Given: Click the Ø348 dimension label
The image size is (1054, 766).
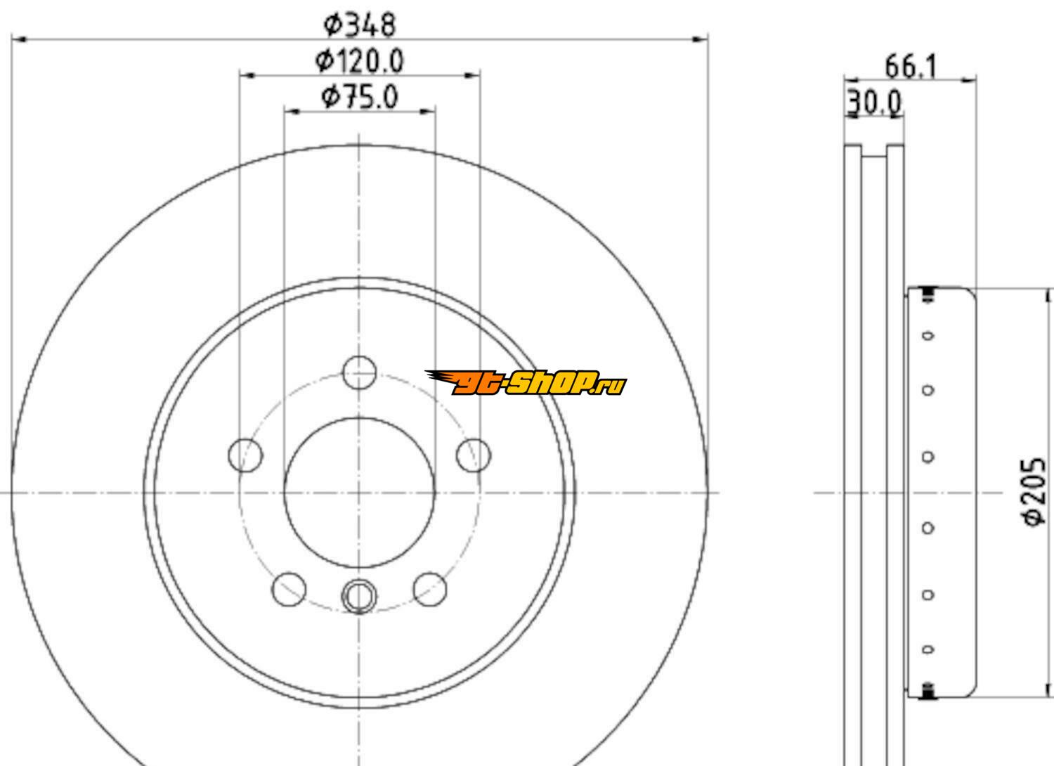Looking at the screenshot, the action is tap(360, 25).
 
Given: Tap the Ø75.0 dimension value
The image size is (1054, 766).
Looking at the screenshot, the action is tap(360, 98).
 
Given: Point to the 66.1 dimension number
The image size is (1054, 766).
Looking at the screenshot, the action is tap(911, 67).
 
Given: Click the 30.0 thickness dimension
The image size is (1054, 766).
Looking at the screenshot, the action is tap(874, 103).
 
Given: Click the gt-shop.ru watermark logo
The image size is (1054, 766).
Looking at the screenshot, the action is tap(526, 383).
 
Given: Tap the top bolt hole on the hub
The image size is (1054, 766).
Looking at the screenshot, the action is tap(360, 372).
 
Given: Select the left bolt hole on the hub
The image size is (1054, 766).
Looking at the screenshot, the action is tap(246, 455).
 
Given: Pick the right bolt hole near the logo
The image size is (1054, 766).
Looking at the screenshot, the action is tap(474, 455).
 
